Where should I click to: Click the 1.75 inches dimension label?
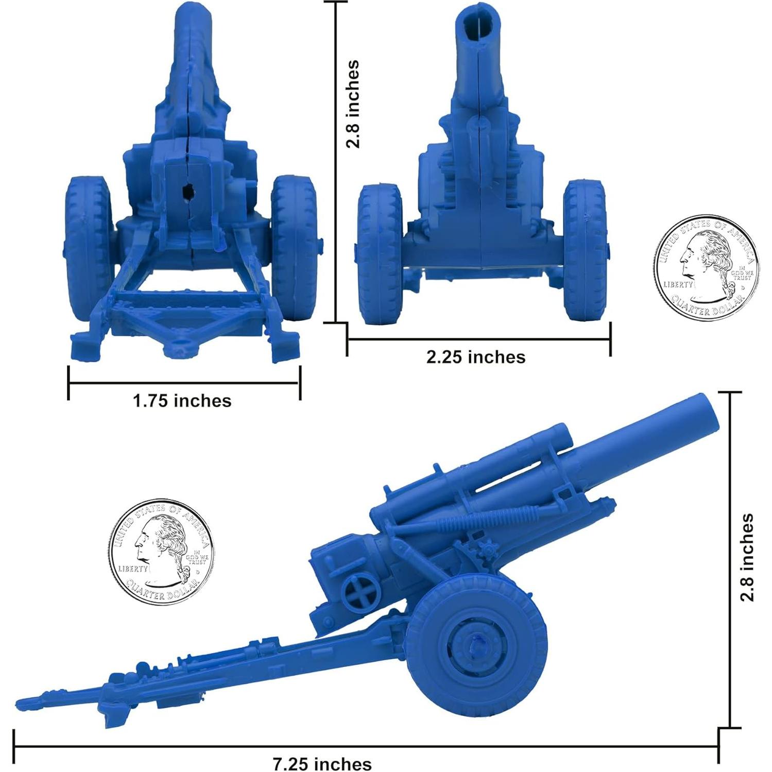click(182, 401)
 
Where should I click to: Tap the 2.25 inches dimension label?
click(476, 357)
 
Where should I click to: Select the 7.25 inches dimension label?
click(322, 764)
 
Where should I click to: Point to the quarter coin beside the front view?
click(707, 267)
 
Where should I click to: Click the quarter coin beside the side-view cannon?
click(161, 551)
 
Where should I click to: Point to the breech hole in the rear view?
click(188, 192)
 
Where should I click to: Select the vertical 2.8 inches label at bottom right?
click(747, 557)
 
